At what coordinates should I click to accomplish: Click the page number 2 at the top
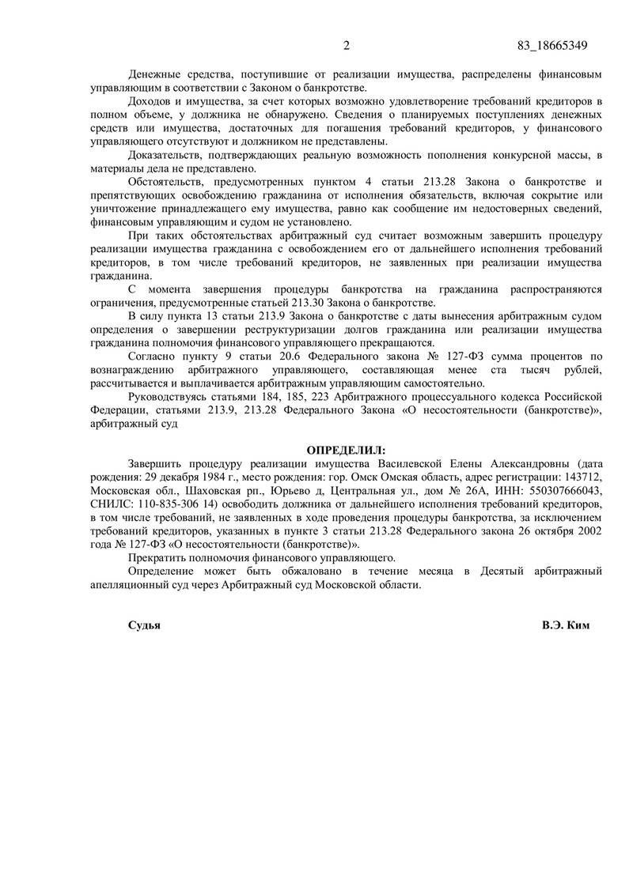click(346, 45)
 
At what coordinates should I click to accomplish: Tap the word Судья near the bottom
click(144, 624)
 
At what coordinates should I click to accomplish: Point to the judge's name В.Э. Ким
click(567, 624)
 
